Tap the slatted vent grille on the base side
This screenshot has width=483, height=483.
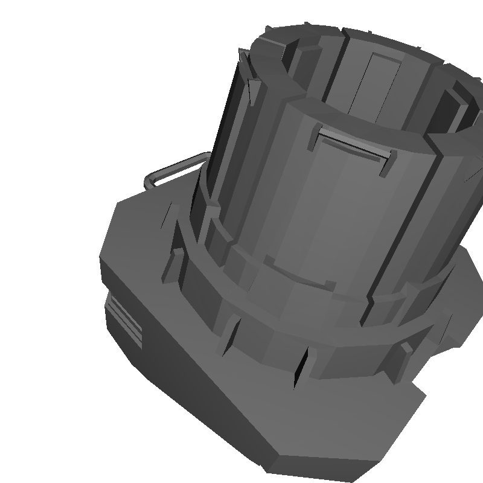tap(124, 321)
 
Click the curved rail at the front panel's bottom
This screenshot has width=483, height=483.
tap(296, 277)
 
